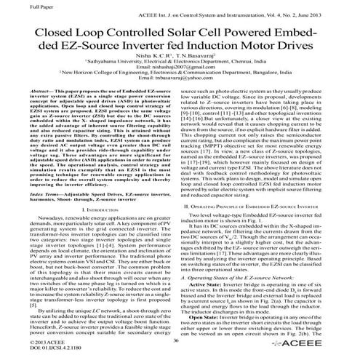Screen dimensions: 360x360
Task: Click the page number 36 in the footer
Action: pyautogui.click(x=177, y=340)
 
